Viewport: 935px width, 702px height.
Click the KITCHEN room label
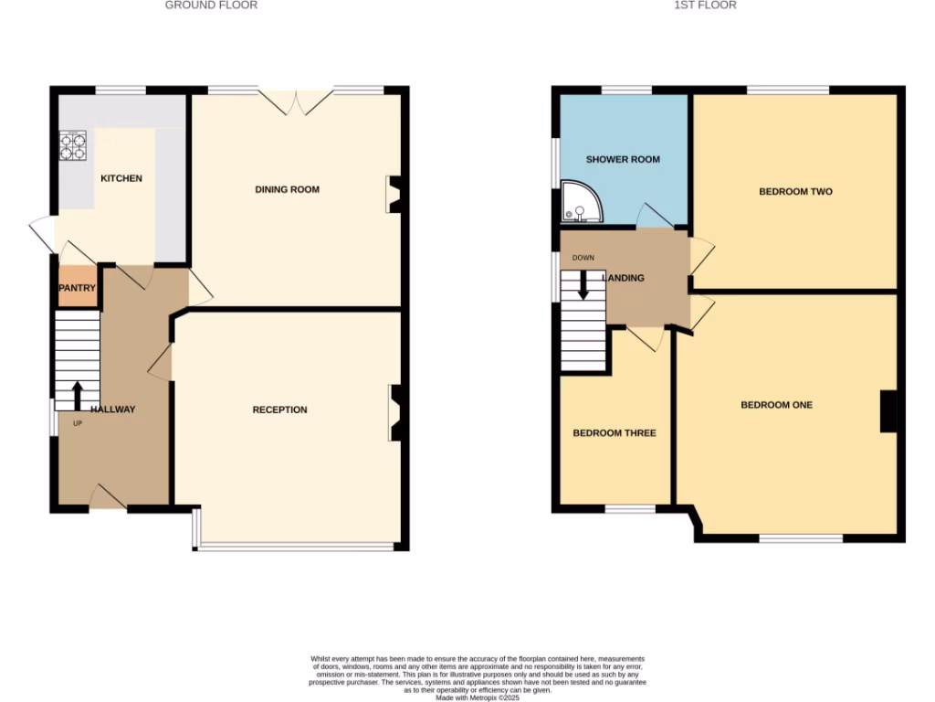[121, 178]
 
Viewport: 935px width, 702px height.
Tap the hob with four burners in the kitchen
[73, 146]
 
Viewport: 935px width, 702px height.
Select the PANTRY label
[78, 288]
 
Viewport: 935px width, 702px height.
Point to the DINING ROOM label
[287, 190]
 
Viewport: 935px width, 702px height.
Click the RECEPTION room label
[279, 409]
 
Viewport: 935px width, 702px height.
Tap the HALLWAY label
[112, 409]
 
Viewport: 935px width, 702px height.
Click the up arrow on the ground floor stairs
[77, 394]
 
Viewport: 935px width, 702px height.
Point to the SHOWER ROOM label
[623, 160]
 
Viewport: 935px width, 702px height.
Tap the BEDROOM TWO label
[795, 192]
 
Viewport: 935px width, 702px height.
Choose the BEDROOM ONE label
[776, 405]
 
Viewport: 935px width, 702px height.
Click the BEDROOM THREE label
[615, 433]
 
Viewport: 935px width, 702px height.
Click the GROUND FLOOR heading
[211, 5]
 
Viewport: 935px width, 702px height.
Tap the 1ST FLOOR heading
[705, 5]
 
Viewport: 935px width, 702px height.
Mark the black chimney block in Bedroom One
[888, 411]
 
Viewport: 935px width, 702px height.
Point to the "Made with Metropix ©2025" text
[478, 697]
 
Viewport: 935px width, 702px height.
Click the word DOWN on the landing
[583, 258]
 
